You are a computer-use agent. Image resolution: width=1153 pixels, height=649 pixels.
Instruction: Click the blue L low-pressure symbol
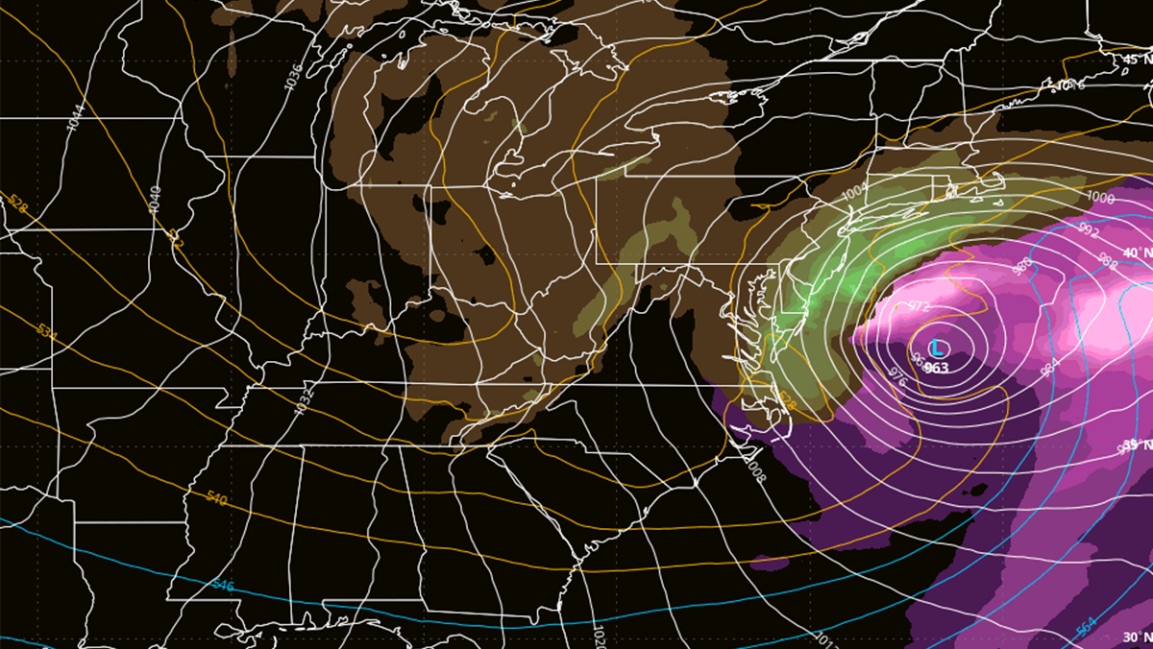coord(937,348)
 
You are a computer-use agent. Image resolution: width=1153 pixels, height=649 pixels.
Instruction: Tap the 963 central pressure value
coord(938,368)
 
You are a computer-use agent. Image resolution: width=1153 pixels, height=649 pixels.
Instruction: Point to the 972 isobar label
coord(920,306)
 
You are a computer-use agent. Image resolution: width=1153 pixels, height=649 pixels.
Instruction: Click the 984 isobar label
coord(1046,366)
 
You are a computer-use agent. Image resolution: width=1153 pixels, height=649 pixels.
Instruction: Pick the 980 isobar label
coord(1021,266)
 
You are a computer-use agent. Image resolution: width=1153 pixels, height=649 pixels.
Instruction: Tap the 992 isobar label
coord(1089,230)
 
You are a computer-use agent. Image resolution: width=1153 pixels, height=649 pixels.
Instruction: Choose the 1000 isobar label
coord(1100,198)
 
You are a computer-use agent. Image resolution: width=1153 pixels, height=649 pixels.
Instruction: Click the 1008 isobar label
coord(756,469)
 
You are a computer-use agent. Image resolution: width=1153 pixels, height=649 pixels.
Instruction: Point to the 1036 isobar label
coord(293,76)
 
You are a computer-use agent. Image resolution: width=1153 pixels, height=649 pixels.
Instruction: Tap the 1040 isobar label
coord(155,199)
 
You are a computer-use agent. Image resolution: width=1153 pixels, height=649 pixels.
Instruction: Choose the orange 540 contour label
coord(217,497)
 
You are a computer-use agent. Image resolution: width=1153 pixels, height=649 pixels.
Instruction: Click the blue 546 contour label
coord(222,584)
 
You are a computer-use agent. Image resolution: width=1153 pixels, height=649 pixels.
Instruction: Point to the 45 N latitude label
coord(1137,60)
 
